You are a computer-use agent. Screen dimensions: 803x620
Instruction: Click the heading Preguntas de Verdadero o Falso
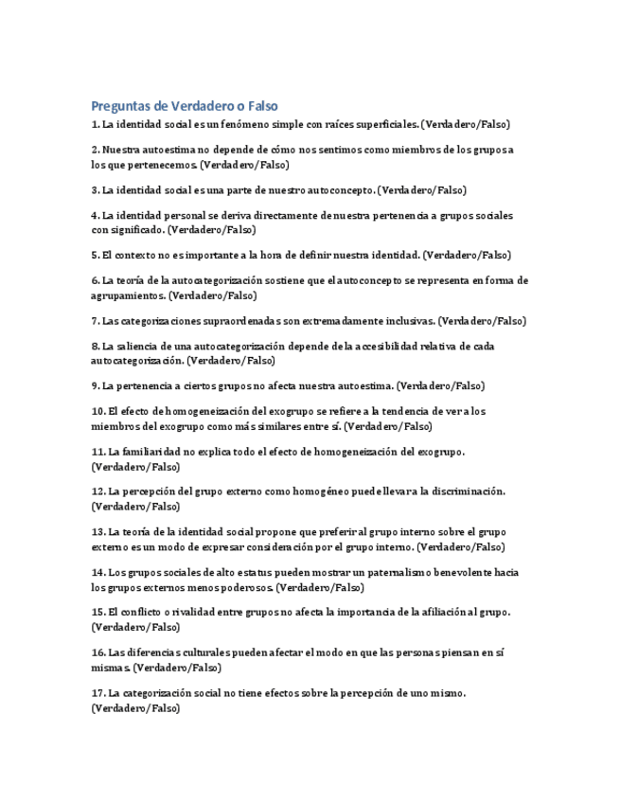click(x=185, y=105)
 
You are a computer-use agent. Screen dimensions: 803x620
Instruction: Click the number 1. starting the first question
click(x=96, y=124)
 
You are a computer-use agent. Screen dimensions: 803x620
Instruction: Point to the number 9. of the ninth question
click(x=96, y=385)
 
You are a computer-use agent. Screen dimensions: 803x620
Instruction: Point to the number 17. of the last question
click(x=98, y=692)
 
